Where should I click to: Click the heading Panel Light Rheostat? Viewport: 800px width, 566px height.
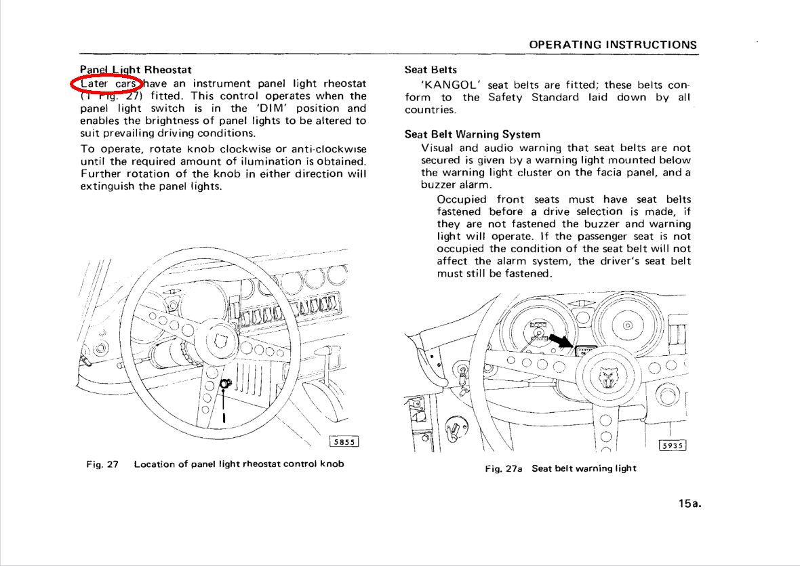[136, 69]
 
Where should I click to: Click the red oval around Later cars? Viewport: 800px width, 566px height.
[106, 84]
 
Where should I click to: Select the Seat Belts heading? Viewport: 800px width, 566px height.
[431, 69]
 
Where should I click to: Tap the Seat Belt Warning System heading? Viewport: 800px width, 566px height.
[472, 134]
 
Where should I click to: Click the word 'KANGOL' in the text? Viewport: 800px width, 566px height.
[450, 85]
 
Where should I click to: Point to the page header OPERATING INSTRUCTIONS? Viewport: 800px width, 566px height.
[613, 45]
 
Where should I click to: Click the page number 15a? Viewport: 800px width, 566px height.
[688, 504]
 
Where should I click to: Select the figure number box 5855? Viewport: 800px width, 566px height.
[344, 441]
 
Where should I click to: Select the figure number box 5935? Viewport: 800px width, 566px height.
[673, 445]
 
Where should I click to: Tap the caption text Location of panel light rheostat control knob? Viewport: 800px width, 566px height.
[239, 464]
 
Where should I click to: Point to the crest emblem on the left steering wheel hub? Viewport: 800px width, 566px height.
[220, 339]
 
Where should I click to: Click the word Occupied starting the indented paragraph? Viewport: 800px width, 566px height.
[462, 199]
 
